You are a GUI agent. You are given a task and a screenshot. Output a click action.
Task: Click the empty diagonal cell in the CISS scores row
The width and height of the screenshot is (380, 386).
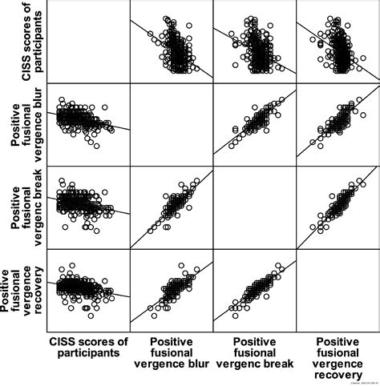click(x=88, y=42)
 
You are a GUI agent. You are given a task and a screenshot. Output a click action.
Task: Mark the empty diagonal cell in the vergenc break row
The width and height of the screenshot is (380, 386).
click(x=254, y=207)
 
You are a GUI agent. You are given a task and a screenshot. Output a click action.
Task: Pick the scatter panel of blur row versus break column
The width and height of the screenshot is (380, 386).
click(x=254, y=125)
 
